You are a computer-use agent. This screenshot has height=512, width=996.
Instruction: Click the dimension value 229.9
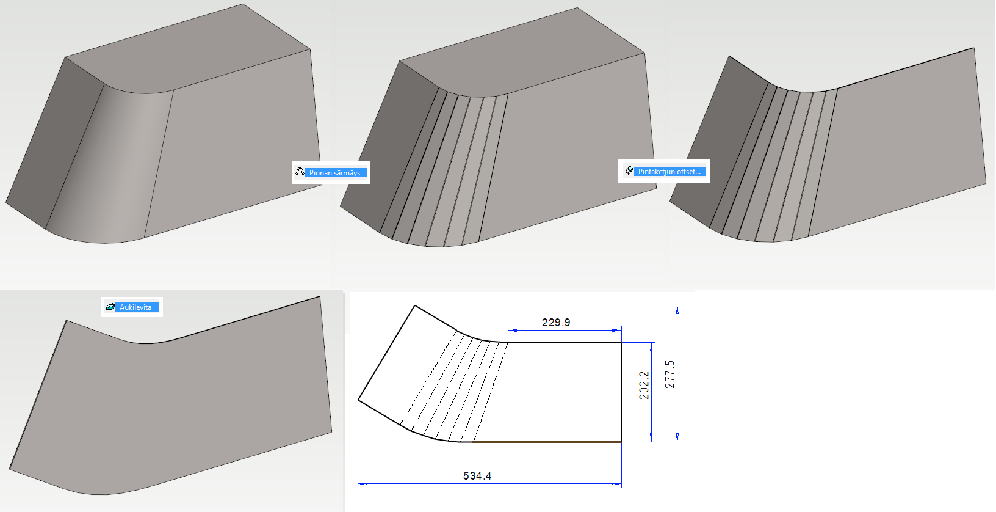tap(556, 323)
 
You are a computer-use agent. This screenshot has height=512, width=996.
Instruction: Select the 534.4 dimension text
tap(477, 476)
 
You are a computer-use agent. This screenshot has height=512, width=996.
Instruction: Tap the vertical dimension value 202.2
tap(644, 385)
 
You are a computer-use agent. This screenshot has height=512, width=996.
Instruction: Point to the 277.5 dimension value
tap(669, 375)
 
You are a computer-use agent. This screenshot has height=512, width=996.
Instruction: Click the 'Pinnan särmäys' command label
tap(335, 173)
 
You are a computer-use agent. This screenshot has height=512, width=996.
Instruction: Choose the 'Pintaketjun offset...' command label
tap(669, 172)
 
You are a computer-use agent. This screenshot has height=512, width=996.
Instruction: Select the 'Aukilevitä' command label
tap(135, 307)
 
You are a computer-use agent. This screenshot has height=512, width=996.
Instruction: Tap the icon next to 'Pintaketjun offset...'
tap(629, 170)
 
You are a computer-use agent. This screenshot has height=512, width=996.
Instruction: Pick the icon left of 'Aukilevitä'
tap(110, 307)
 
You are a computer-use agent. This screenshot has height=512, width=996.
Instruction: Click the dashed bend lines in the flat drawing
tap(453, 387)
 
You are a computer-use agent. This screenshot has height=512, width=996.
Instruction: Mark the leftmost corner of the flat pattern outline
tap(358, 400)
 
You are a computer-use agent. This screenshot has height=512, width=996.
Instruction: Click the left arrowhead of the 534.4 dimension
tap(362, 483)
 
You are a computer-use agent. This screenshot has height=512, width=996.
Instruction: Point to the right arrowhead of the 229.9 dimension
tap(617, 331)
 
